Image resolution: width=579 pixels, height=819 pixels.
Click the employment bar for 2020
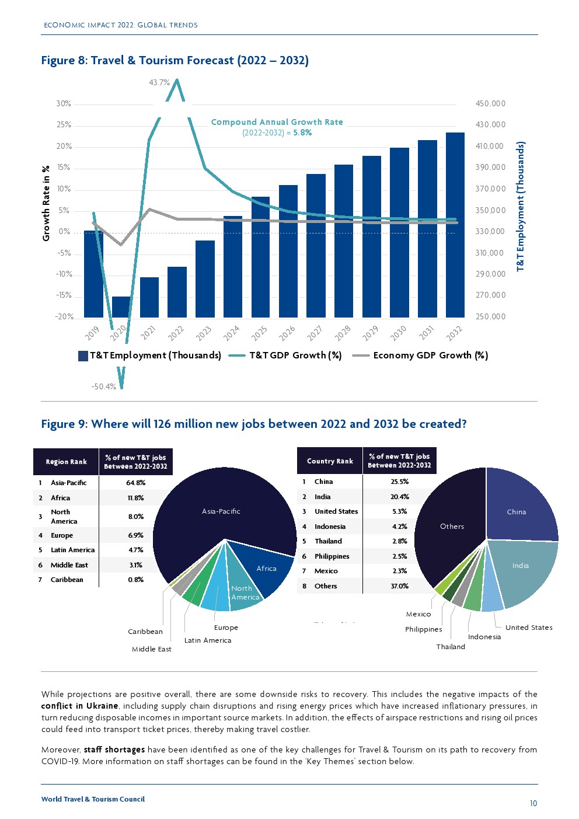[x=121, y=307]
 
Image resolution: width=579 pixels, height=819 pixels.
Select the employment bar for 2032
[x=455, y=225]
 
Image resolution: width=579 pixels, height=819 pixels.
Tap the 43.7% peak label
[x=159, y=83]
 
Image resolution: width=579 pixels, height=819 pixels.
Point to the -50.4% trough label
[x=104, y=386]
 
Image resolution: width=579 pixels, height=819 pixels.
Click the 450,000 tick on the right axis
[x=490, y=104]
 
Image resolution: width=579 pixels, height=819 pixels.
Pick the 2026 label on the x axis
[x=287, y=333]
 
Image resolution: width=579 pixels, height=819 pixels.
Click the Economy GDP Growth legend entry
[x=430, y=356]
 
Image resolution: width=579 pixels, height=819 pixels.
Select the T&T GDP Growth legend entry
[x=295, y=356]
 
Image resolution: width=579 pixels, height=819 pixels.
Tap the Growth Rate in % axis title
[x=46, y=203]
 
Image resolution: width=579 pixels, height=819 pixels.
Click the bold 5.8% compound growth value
[x=302, y=133]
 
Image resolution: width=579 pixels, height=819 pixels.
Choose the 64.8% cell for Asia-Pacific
[x=136, y=483]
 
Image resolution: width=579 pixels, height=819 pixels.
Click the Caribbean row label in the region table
[x=67, y=580]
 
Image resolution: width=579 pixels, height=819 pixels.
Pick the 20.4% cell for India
[x=400, y=497]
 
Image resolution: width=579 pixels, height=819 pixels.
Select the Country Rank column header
[x=330, y=461]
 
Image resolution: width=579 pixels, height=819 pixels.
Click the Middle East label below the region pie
[x=152, y=649]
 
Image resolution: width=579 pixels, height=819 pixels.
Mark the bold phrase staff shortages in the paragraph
[x=114, y=750]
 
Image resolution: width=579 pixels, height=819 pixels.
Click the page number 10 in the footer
[x=533, y=804]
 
